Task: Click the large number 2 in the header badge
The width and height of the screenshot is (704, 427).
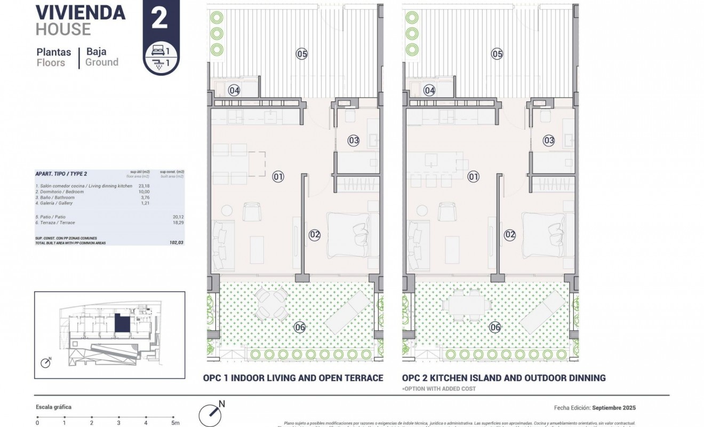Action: click(159, 18)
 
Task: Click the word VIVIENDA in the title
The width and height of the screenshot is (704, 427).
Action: click(81, 12)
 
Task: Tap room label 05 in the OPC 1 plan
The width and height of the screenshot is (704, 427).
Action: click(302, 53)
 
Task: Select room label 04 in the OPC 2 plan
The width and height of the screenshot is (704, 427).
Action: click(430, 91)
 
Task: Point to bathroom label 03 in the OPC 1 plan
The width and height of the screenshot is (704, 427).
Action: click(354, 140)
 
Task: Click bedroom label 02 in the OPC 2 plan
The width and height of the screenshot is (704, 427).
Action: click(510, 234)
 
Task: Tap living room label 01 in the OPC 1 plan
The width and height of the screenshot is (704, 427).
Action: click(278, 176)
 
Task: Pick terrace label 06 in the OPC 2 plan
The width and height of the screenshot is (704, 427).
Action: click(495, 327)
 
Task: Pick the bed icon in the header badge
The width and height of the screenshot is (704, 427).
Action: click(158, 51)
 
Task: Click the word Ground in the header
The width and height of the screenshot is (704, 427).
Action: click(102, 62)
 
